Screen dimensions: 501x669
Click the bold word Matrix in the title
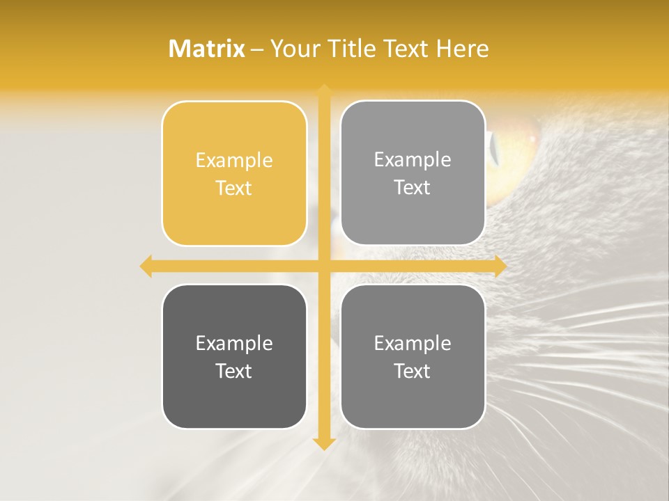click(207, 49)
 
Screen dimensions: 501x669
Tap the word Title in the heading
click(346, 49)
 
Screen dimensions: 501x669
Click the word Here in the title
click(462, 49)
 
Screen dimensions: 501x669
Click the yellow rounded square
click(234, 173)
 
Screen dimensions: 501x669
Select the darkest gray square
click(234, 356)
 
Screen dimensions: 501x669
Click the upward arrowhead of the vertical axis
click(324, 91)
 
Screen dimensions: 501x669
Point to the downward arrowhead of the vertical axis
click(324, 443)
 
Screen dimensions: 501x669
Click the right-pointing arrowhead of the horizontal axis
click(500, 266)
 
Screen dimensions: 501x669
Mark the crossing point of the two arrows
click(324, 266)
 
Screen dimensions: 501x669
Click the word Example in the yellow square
click(234, 160)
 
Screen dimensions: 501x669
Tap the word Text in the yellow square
click(234, 188)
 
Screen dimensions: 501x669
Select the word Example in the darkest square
click(234, 343)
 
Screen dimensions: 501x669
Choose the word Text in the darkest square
click(234, 371)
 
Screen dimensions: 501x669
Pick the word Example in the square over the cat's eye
click(413, 159)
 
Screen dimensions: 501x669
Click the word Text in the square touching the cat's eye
click(413, 187)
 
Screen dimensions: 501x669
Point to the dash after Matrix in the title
click(257, 49)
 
